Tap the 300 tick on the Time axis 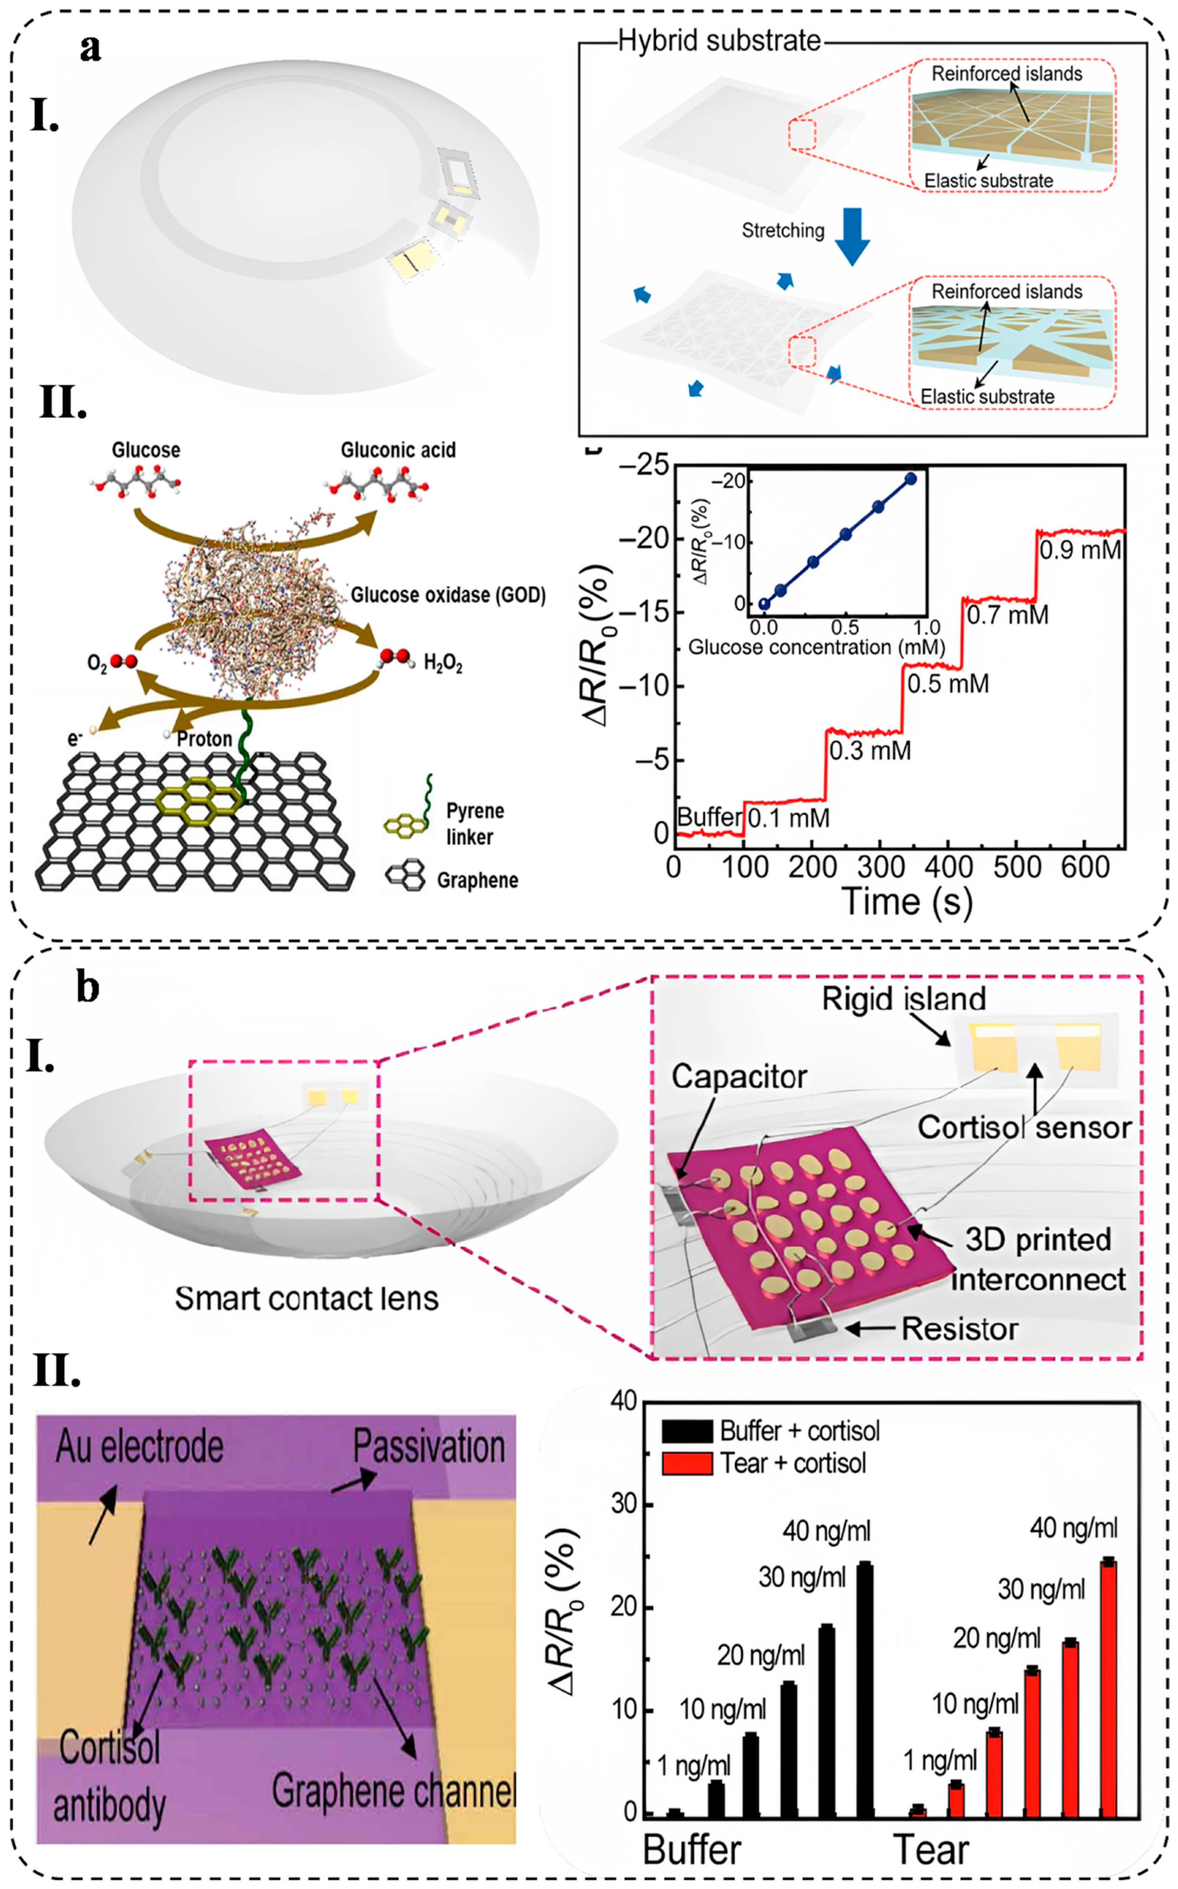pos(879,867)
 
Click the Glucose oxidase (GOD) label pos(448,595)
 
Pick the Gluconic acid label pos(398,450)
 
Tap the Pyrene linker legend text pos(475,824)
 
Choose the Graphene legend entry pos(477,880)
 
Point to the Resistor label pos(959,1329)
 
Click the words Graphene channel pos(394,1789)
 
